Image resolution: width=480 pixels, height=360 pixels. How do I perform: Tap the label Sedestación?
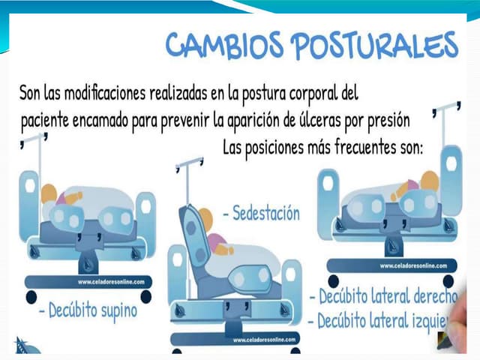coord(262,214)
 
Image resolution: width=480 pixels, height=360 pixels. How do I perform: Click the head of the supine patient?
coord(49,193)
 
